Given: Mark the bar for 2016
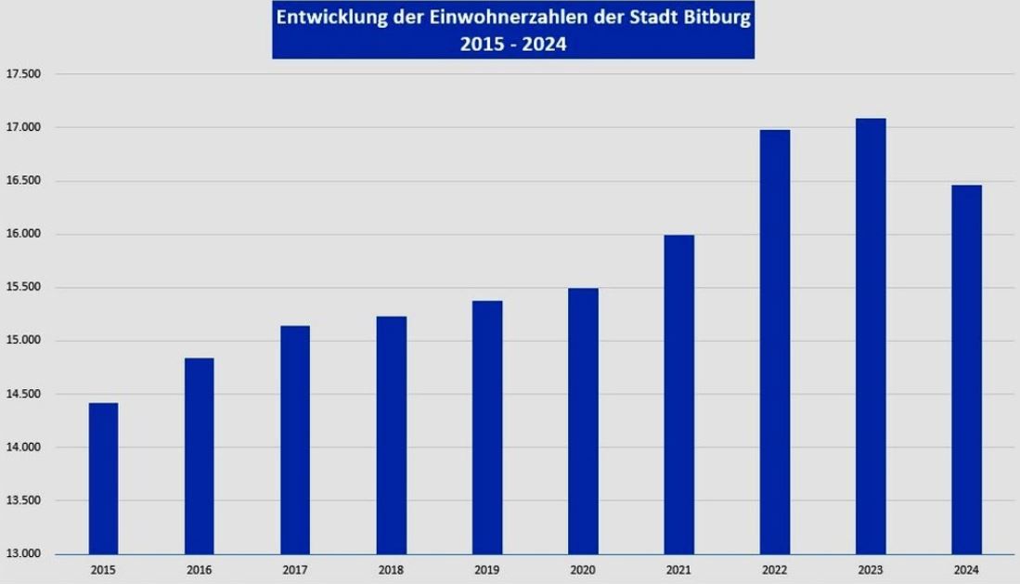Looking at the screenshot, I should click(x=199, y=456).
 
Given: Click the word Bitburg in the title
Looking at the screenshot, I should click(x=713, y=18).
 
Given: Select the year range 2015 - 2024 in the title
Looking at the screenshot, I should click(x=512, y=43).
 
